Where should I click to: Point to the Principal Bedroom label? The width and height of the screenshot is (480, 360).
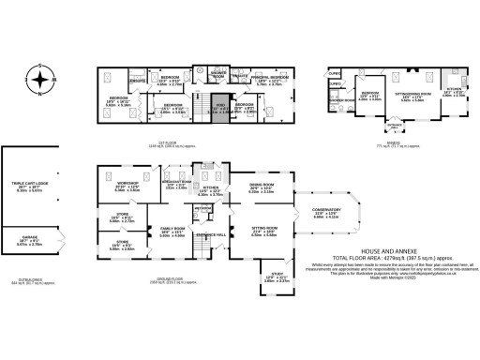[270, 80]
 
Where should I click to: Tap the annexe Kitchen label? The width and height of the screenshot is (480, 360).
[452, 94]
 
